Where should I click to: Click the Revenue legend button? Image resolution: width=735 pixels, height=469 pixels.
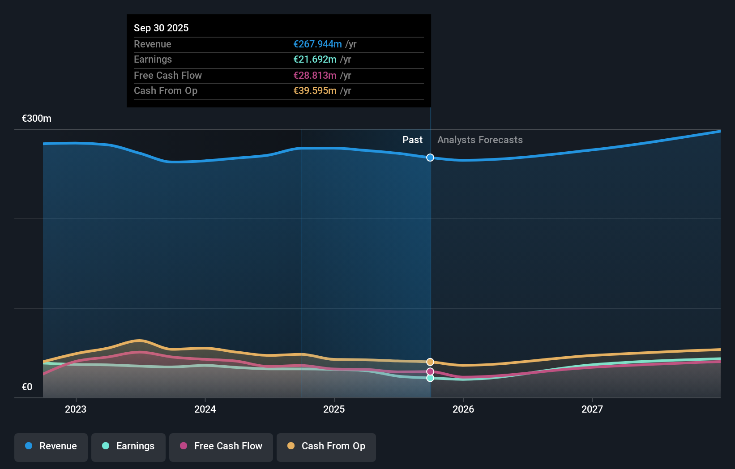(51, 447)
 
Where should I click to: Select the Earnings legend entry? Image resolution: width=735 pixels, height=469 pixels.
(128, 447)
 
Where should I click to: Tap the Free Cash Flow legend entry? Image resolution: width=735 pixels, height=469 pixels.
(221, 447)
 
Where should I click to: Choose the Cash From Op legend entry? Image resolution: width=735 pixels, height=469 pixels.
(326, 447)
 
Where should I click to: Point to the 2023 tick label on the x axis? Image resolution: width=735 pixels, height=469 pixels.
(76, 409)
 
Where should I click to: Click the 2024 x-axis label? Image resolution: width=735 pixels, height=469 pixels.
(205, 409)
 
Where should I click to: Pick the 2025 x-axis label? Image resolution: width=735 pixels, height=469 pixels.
(334, 409)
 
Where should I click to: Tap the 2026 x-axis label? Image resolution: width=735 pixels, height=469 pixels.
(463, 409)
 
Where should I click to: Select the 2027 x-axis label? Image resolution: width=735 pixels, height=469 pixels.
(592, 409)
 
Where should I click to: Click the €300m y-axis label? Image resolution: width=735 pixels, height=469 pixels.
(37, 119)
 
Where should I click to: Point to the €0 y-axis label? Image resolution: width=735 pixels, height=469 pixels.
(27, 387)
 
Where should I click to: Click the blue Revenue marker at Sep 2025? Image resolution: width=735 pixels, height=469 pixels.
(430, 158)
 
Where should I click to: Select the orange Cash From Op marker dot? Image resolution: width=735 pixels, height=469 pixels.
(430, 362)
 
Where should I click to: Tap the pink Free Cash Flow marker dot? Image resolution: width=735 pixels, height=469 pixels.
(430, 372)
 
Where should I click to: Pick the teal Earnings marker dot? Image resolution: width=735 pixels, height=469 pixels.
(430, 378)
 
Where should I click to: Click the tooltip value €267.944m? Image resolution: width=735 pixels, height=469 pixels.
(317, 44)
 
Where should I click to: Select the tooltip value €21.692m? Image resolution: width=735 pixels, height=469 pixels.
(315, 60)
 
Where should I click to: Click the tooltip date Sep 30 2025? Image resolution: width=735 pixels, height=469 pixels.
(161, 28)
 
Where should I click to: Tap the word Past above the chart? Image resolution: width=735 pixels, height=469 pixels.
(412, 140)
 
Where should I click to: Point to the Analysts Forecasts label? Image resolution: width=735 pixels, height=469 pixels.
(480, 140)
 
